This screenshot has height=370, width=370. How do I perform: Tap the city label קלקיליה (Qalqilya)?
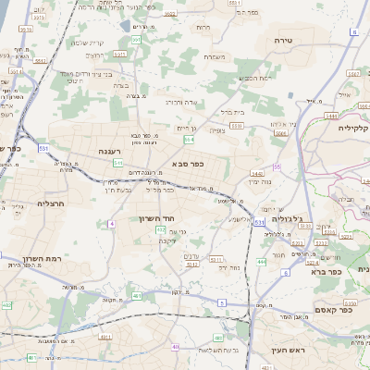[354, 128]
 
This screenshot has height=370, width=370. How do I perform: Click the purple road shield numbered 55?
[277, 167]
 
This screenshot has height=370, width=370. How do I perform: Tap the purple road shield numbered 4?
[112, 224]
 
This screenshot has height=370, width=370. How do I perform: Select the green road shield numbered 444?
[262, 262]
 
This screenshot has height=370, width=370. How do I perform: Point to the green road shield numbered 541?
[117, 163]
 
